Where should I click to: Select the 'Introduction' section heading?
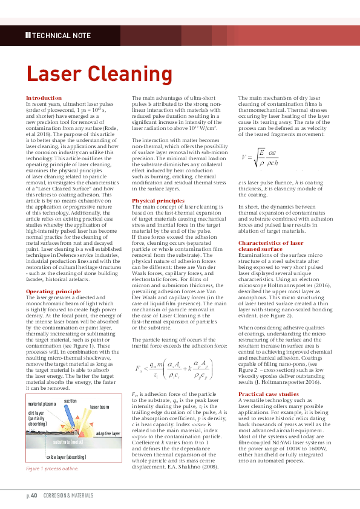click(x=44, y=98)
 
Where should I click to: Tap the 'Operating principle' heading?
click(x=53, y=292)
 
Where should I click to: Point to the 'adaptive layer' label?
click(x=108, y=450)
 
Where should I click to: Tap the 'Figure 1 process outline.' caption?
click(x=52, y=486)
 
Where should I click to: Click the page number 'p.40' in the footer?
click(x=31, y=496)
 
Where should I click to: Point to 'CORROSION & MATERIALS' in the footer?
click(x=67, y=496)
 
